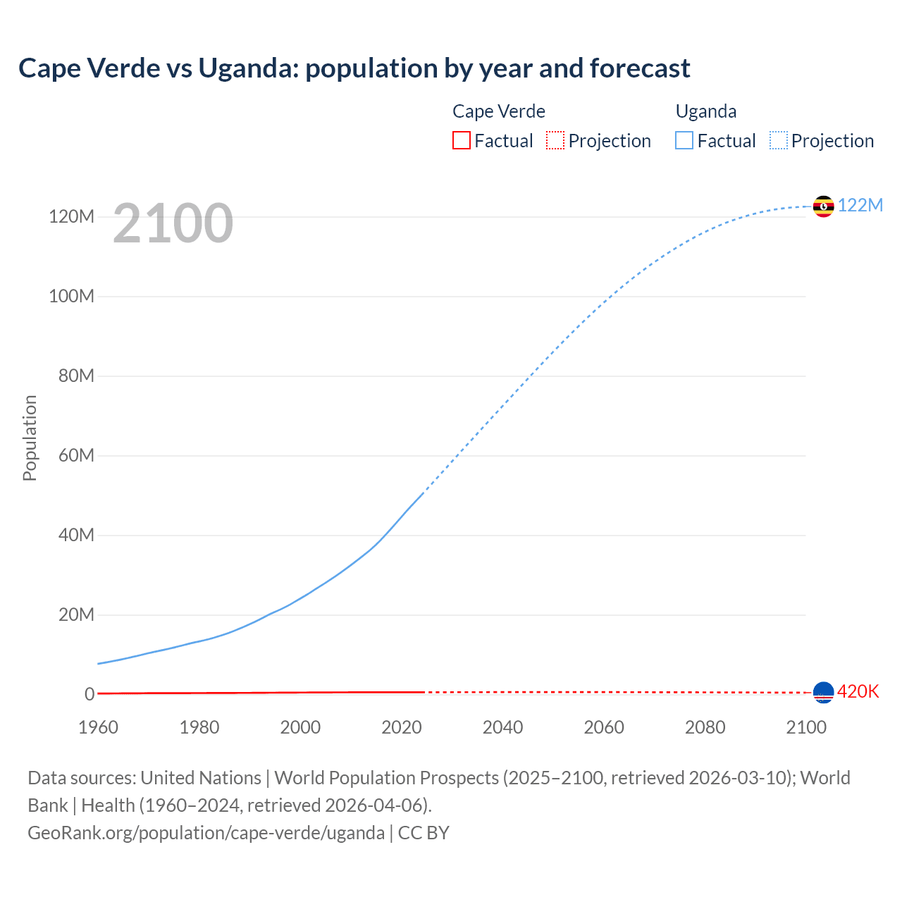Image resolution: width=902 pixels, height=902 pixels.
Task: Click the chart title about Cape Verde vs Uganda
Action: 354,68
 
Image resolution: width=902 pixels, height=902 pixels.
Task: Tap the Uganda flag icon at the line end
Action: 823,206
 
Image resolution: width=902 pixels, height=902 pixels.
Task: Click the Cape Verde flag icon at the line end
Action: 823,693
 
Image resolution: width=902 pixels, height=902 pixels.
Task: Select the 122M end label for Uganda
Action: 860,205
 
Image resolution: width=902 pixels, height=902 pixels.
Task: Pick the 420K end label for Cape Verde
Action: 858,692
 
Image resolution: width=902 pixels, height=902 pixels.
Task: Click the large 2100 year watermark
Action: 173,223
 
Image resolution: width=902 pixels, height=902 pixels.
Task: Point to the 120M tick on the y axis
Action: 71,216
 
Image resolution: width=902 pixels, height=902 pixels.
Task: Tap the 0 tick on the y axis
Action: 89,694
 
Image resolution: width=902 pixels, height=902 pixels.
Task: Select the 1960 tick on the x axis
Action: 98,727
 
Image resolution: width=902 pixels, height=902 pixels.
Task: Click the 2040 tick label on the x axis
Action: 502,727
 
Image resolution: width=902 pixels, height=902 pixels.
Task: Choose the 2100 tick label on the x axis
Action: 805,727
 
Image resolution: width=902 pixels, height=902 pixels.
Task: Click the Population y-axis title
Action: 30,438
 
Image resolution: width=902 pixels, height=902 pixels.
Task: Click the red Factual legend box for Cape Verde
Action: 461,141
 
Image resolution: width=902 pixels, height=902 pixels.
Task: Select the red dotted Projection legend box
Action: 555,141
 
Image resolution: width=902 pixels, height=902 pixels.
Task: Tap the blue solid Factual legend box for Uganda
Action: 684,141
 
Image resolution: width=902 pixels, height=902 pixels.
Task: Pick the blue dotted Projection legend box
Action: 778,141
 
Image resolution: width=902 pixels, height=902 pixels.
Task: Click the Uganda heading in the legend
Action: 705,111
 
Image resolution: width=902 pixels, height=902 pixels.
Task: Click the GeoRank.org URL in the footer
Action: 206,833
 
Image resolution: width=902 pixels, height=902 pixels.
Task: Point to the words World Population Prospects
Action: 386,778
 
